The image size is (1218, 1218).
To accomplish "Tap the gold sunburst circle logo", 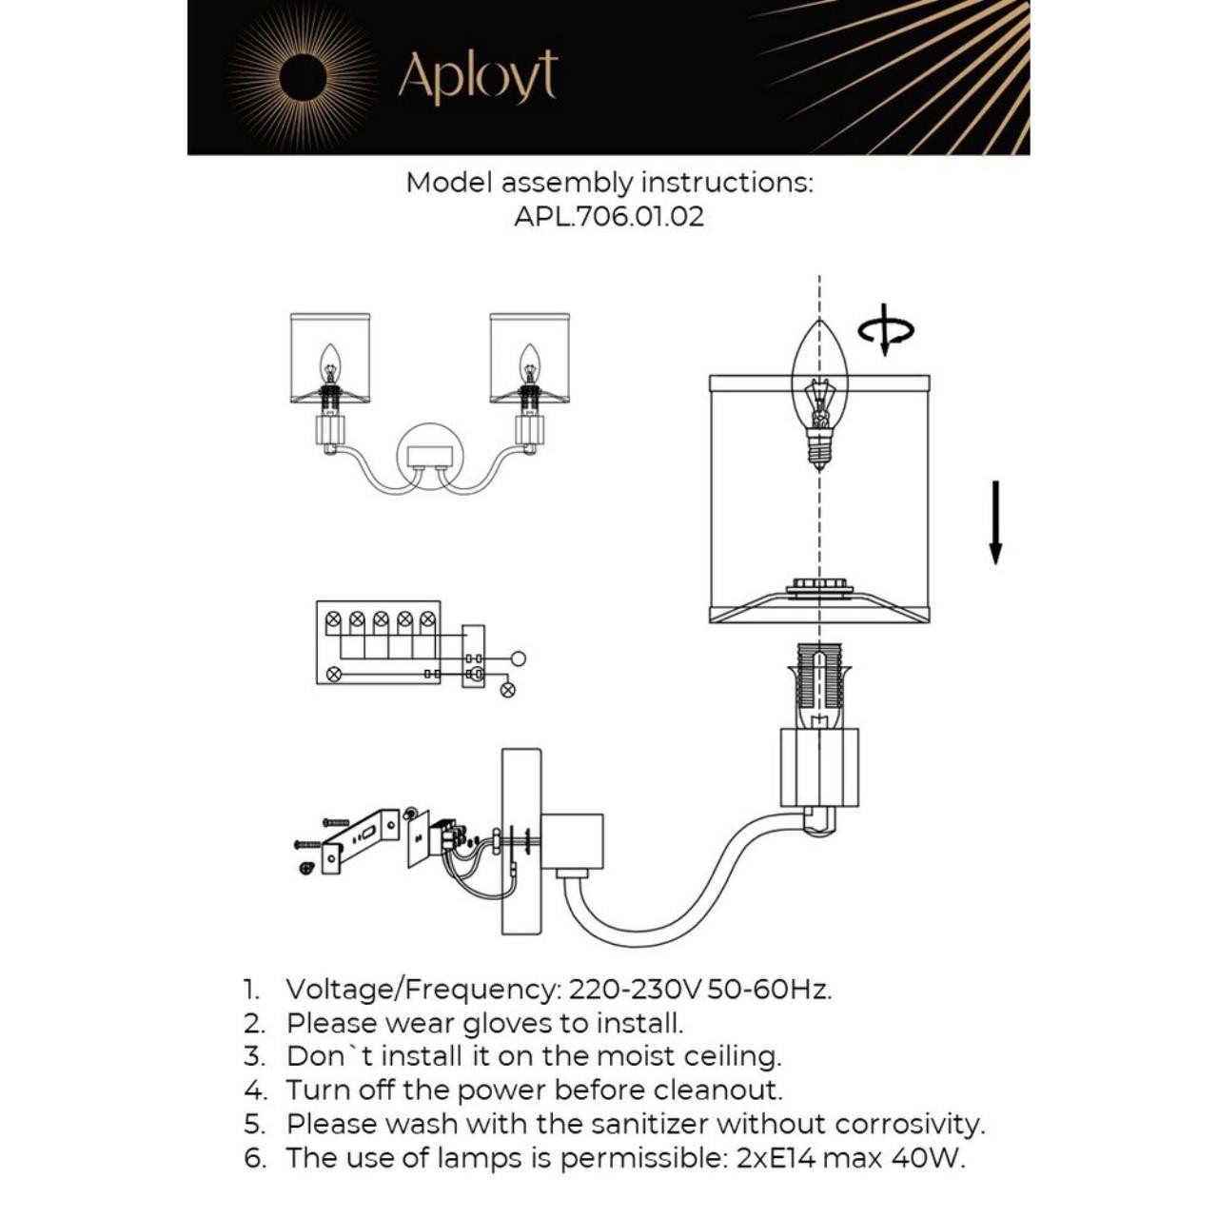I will pos(303,76).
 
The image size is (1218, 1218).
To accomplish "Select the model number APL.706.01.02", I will pos(609,216).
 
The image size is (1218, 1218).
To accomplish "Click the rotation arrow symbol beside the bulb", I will pos(886,330).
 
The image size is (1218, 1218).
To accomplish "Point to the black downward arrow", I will pos(995,522).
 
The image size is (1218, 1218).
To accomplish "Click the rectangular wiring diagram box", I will pos(378,642).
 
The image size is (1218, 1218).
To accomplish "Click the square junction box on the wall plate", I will pos(573,841).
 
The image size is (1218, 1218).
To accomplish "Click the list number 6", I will pos(254,1158).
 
